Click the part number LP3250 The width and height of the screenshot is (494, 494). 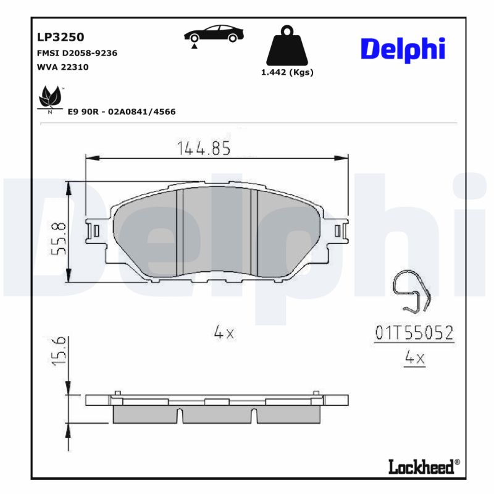point(61,37)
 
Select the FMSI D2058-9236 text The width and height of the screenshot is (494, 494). point(78,53)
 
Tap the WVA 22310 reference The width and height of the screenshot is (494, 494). point(63,67)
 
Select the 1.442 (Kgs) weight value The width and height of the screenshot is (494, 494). point(287,72)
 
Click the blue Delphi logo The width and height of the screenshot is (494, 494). point(403,48)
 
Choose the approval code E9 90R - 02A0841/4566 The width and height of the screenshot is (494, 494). point(122,112)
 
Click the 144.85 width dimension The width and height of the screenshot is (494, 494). point(203,148)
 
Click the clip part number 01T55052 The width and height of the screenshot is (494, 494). point(414,333)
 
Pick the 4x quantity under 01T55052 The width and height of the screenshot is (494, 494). point(414,358)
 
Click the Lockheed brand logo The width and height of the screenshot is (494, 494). point(424,467)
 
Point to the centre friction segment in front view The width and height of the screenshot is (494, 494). point(216,232)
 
